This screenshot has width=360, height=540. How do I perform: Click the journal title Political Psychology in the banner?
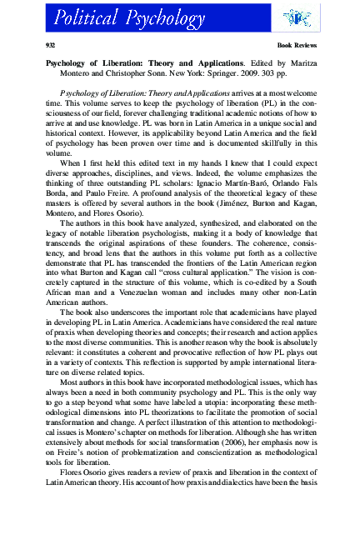tap(117, 16)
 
